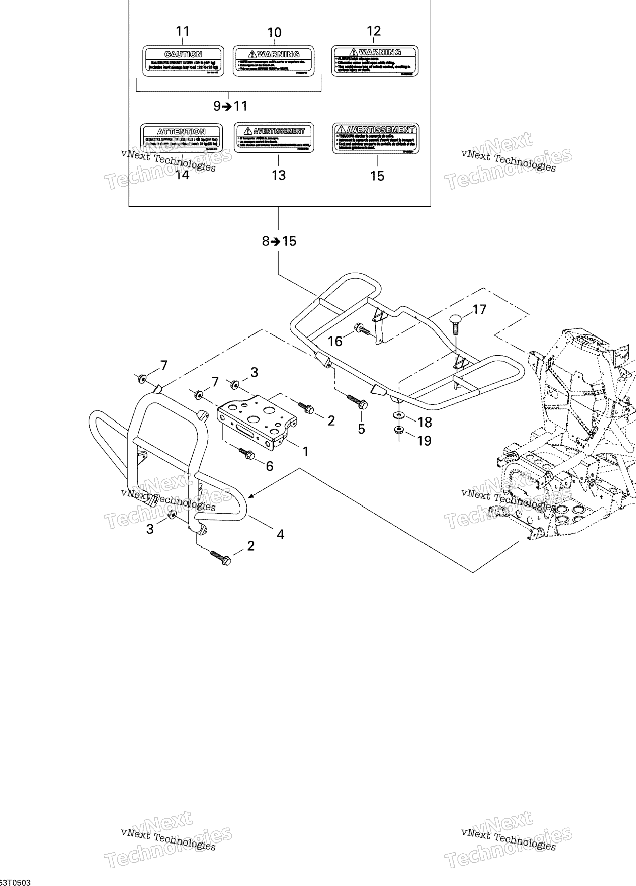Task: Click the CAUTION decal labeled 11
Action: [x=183, y=61]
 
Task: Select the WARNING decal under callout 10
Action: [x=273, y=61]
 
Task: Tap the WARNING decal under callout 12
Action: [x=375, y=60]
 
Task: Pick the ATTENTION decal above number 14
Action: [x=181, y=138]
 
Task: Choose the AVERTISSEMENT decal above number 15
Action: [x=375, y=138]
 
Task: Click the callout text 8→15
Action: [x=279, y=241]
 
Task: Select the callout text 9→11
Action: [x=230, y=106]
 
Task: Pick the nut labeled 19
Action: [x=399, y=431]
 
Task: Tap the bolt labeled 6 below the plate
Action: [x=246, y=453]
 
